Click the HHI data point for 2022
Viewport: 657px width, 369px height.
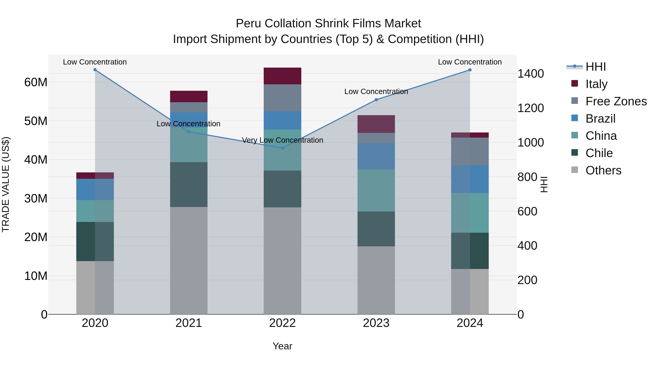[x=282, y=148]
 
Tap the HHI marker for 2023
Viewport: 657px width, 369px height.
[x=376, y=100]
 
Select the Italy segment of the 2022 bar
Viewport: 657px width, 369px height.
[x=282, y=76]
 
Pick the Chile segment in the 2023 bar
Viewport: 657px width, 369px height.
[x=376, y=229]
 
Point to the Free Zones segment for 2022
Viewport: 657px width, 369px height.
[x=282, y=98]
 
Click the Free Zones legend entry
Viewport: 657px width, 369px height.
[x=616, y=101]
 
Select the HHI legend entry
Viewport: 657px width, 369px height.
[x=595, y=67]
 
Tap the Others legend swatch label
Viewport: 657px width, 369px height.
[x=603, y=170]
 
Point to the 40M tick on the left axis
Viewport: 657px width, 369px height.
[x=36, y=160]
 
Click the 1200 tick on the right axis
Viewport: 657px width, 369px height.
[x=531, y=108]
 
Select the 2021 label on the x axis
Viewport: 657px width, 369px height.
[x=189, y=323]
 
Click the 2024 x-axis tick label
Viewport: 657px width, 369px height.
[x=470, y=323]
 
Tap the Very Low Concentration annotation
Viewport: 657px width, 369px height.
[x=282, y=140]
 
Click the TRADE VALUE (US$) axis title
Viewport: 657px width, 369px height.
[x=6, y=184]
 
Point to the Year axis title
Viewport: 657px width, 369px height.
[x=282, y=346]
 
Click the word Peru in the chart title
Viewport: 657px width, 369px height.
[x=248, y=24]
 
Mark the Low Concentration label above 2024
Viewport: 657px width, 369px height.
[x=470, y=62]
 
